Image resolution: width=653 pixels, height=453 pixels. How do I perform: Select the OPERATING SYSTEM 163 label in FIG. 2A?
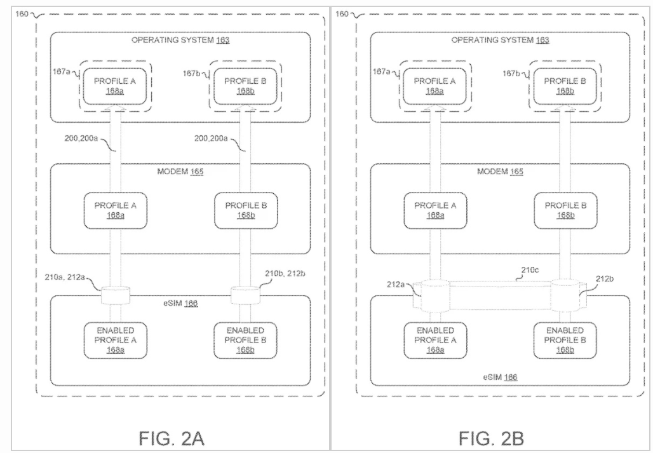tap(180, 40)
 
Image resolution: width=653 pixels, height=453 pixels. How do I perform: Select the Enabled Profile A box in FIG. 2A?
tap(116, 340)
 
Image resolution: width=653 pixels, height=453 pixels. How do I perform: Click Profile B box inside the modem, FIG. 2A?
tap(244, 210)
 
